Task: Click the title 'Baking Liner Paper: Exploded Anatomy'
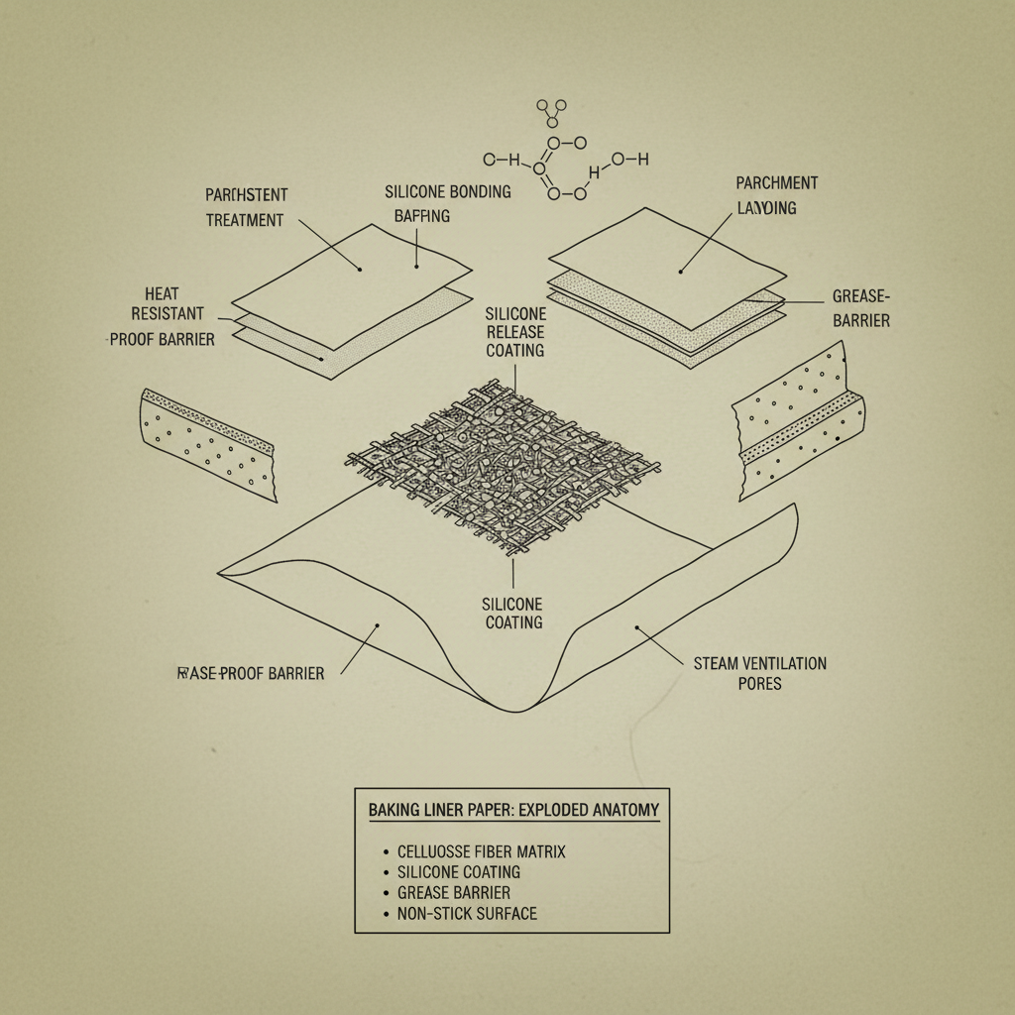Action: pyautogui.click(x=512, y=810)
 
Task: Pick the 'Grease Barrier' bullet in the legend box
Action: pyautogui.click(x=453, y=892)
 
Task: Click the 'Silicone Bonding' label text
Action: pyautogui.click(x=447, y=192)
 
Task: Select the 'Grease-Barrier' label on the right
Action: pyautogui.click(x=860, y=307)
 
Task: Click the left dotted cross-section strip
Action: pyautogui.click(x=209, y=439)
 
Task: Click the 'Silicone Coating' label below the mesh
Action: pyautogui.click(x=512, y=613)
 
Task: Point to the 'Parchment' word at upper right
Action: pyautogui.click(x=777, y=183)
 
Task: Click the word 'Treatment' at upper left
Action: pyautogui.click(x=244, y=220)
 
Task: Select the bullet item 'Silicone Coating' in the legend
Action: pyautogui.click(x=458, y=872)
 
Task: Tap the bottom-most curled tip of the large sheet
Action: pyautogui.click(x=514, y=710)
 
